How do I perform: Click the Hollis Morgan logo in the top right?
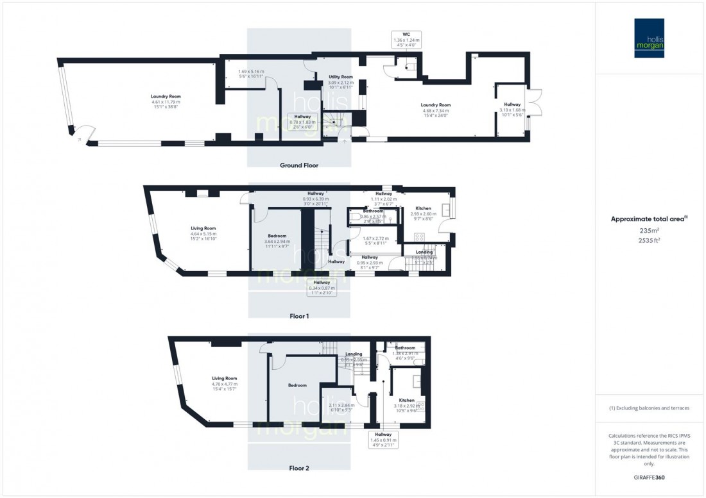(x=649, y=38)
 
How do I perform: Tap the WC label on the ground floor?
(x=406, y=33)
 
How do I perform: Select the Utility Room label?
(x=341, y=76)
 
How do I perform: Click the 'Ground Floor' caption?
(x=298, y=165)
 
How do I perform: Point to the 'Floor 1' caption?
(x=298, y=317)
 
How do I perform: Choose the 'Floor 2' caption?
(x=298, y=469)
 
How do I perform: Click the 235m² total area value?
(x=649, y=230)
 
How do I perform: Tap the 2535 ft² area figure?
(x=649, y=242)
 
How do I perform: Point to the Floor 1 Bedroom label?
(x=277, y=236)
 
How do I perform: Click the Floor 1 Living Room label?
(x=203, y=228)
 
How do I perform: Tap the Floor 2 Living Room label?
(x=225, y=378)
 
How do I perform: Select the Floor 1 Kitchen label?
(x=423, y=208)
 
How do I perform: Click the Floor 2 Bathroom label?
(x=405, y=348)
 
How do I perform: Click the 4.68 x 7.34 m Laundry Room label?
(x=436, y=105)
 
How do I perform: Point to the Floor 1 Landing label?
(x=424, y=253)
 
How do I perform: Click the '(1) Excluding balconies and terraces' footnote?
(x=649, y=408)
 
